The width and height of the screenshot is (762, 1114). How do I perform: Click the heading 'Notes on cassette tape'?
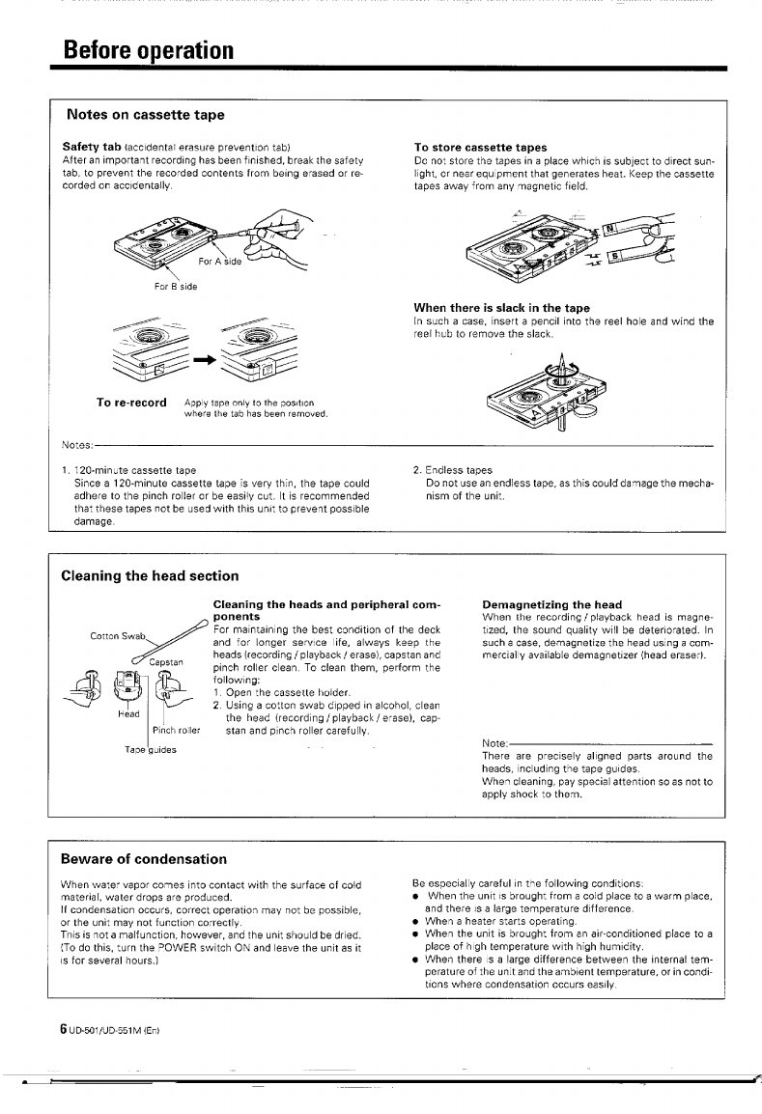145,115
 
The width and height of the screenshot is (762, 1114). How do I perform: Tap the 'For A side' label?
220,261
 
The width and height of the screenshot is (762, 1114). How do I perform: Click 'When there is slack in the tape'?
501,308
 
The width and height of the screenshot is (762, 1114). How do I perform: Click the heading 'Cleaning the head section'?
150,576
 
